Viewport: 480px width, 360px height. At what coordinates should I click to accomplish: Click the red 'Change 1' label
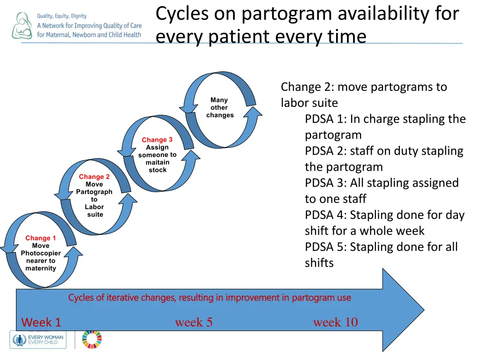tap(40, 238)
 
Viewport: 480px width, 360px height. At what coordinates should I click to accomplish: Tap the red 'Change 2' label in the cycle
tap(94, 177)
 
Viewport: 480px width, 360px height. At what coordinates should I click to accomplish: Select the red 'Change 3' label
tap(157, 140)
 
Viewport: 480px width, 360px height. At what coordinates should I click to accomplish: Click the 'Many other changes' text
tap(219, 107)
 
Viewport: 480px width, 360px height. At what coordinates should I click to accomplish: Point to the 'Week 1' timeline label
tap(41, 322)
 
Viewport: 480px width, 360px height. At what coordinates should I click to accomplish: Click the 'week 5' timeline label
tap(194, 322)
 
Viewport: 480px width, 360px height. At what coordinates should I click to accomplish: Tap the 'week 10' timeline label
tap(335, 322)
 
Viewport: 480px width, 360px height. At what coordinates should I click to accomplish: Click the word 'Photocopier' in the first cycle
tap(41, 253)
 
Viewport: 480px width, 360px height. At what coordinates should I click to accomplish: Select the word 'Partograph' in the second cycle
tap(94, 192)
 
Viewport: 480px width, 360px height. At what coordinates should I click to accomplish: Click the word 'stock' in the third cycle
tap(157, 170)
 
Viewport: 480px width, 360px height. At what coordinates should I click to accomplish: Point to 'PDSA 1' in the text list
tap(324, 119)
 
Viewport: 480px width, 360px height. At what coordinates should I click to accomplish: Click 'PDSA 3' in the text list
tap(324, 183)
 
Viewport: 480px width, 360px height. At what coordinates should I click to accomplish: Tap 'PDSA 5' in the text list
tap(324, 247)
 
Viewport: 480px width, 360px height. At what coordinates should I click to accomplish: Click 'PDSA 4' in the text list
tap(324, 215)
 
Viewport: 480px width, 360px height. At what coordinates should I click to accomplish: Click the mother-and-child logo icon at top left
tap(22, 25)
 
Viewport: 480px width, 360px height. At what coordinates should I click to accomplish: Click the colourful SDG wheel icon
tap(91, 339)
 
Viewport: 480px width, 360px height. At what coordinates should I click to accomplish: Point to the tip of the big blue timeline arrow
tap(423, 309)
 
